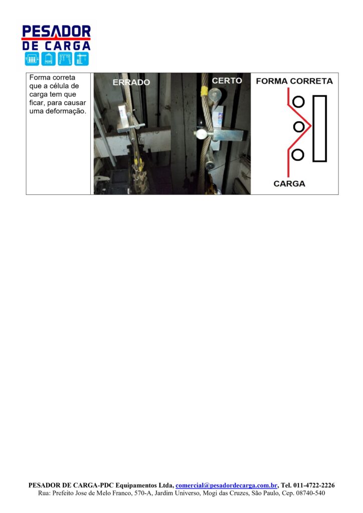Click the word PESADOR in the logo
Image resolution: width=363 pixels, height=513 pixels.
pyautogui.click(x=56, y=32)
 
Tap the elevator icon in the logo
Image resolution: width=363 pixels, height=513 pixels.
pyautogui.click(x=32, y=59)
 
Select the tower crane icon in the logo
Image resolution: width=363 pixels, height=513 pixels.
pyautogui.click(x=81, y=59)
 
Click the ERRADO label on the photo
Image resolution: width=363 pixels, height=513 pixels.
pyautogui.click(x=131, y=82)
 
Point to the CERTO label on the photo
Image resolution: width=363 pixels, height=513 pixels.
pyautogui.click(x=227, y=81)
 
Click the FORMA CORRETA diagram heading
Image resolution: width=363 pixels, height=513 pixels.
pyautogui.click(x=294, y=81)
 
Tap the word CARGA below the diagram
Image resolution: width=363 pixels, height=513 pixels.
pyautogui.click(x=289, y=183)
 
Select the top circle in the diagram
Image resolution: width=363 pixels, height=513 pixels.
pyautogui.click(x=298, y=102)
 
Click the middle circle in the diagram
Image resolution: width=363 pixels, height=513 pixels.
pyautogui.click(x=298, y=126)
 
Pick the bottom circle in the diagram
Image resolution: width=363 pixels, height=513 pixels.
pyautogui.click(x=297, y=154)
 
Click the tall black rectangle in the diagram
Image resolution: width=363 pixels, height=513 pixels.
pyautogui.click(x=319, y=128)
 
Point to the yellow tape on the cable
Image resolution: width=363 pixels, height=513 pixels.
pyautogui.click(x=204, y=91)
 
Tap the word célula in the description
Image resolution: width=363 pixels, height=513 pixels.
pyautogui.click(x=60, y=86)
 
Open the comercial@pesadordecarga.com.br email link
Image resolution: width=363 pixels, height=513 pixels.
pyautogui.click(x=227, y=485)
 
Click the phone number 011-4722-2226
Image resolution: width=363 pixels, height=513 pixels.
pyautogui.click(x=314, y=485)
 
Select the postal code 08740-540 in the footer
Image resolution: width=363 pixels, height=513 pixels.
pyautogui.click(x=311, y=493)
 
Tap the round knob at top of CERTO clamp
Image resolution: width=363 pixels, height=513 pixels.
pyautogui.click(x=215, y=95)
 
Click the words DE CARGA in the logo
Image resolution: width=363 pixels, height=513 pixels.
pyautogui.click(x=56, y=46)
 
